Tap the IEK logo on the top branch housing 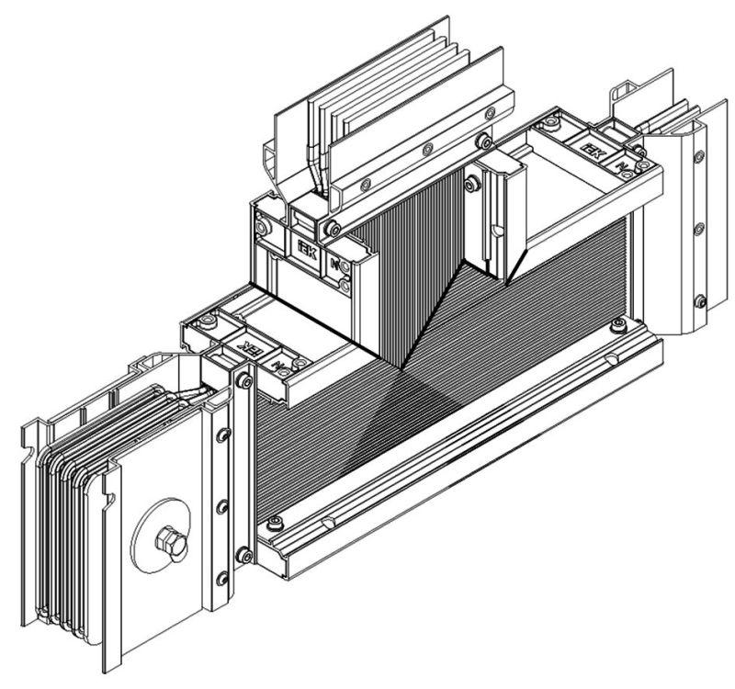click(306, 252)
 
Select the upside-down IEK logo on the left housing click(248, 348)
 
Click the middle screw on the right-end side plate click(700, 226)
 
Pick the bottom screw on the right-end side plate click(701, 298)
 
